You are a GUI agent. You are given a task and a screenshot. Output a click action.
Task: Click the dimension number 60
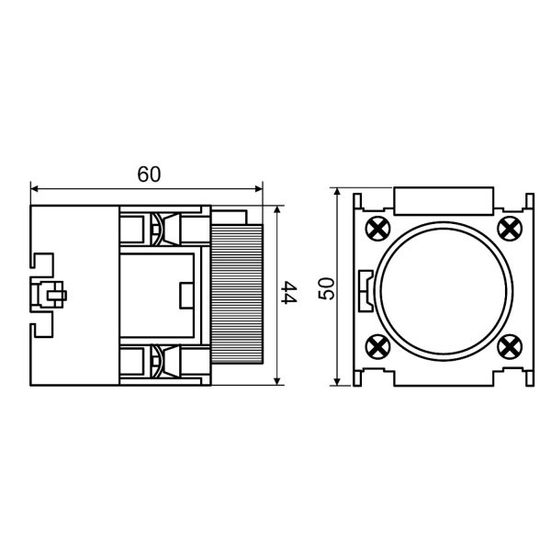click(x=149, y=174)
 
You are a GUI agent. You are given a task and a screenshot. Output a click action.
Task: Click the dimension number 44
click(x=290, y=292)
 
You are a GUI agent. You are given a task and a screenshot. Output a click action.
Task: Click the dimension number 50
click(x=326, y=288)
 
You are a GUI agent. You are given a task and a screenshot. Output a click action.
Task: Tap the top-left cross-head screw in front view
click(x=377, y=229)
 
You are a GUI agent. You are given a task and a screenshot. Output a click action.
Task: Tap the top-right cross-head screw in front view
click(x=510, y=229)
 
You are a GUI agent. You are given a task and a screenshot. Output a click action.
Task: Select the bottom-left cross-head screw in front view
click(x=377, y=347)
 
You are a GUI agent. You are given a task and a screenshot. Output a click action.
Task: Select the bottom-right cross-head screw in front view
click(x=510, y=347)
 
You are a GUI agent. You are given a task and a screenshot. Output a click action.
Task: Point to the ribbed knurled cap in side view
click(x=237, y=295)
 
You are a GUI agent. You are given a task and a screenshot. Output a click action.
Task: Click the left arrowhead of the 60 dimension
click(x=35, y=189)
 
